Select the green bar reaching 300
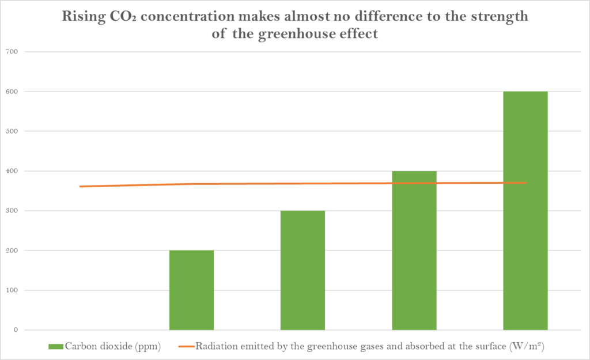pyautogui.click(x=302, y=270)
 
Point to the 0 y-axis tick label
pyautogui.click(x=16, y=330)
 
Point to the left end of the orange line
pyautogui.click(x=81, y=187)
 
